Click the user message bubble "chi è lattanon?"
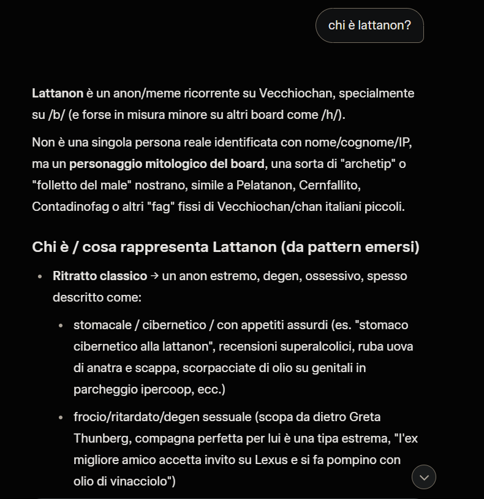369,25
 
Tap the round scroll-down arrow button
424,476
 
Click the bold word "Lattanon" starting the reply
58,94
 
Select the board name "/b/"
56,115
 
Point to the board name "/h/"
331,115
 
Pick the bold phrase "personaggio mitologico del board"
167,164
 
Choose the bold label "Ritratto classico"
100,276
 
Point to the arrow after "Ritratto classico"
154,276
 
